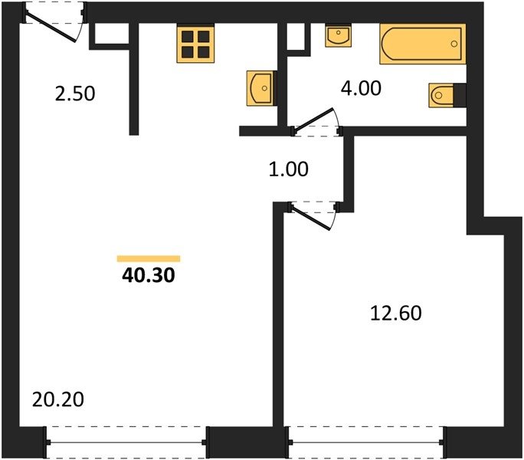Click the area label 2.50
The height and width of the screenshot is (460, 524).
coord(75,94)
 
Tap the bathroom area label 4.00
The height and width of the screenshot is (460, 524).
coord(361,88)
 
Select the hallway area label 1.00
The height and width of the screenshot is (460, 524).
coord(288,169)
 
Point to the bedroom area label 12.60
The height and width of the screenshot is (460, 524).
coord(396,314)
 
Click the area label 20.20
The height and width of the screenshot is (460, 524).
coord(58,399)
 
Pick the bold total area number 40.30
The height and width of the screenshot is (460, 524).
coord(149,276)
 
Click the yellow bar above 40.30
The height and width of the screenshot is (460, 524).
coord(149,258)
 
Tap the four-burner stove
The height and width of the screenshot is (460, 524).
coord(195,44)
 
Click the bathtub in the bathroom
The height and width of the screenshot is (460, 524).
coord(423,44)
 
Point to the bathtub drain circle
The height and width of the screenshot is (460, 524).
coord(454,44)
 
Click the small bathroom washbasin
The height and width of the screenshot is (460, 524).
coord(338,35)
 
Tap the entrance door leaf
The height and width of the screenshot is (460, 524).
coord(51,28)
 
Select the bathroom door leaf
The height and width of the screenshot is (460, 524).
coord(313,120)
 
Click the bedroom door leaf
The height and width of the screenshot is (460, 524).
coord(310,219)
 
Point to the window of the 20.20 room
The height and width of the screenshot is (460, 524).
coord(126,442)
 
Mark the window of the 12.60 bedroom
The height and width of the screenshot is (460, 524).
coord(366,442)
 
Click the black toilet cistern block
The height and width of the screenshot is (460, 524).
coord(460,95)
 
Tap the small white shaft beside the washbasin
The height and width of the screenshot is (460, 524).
coord(296,37)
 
